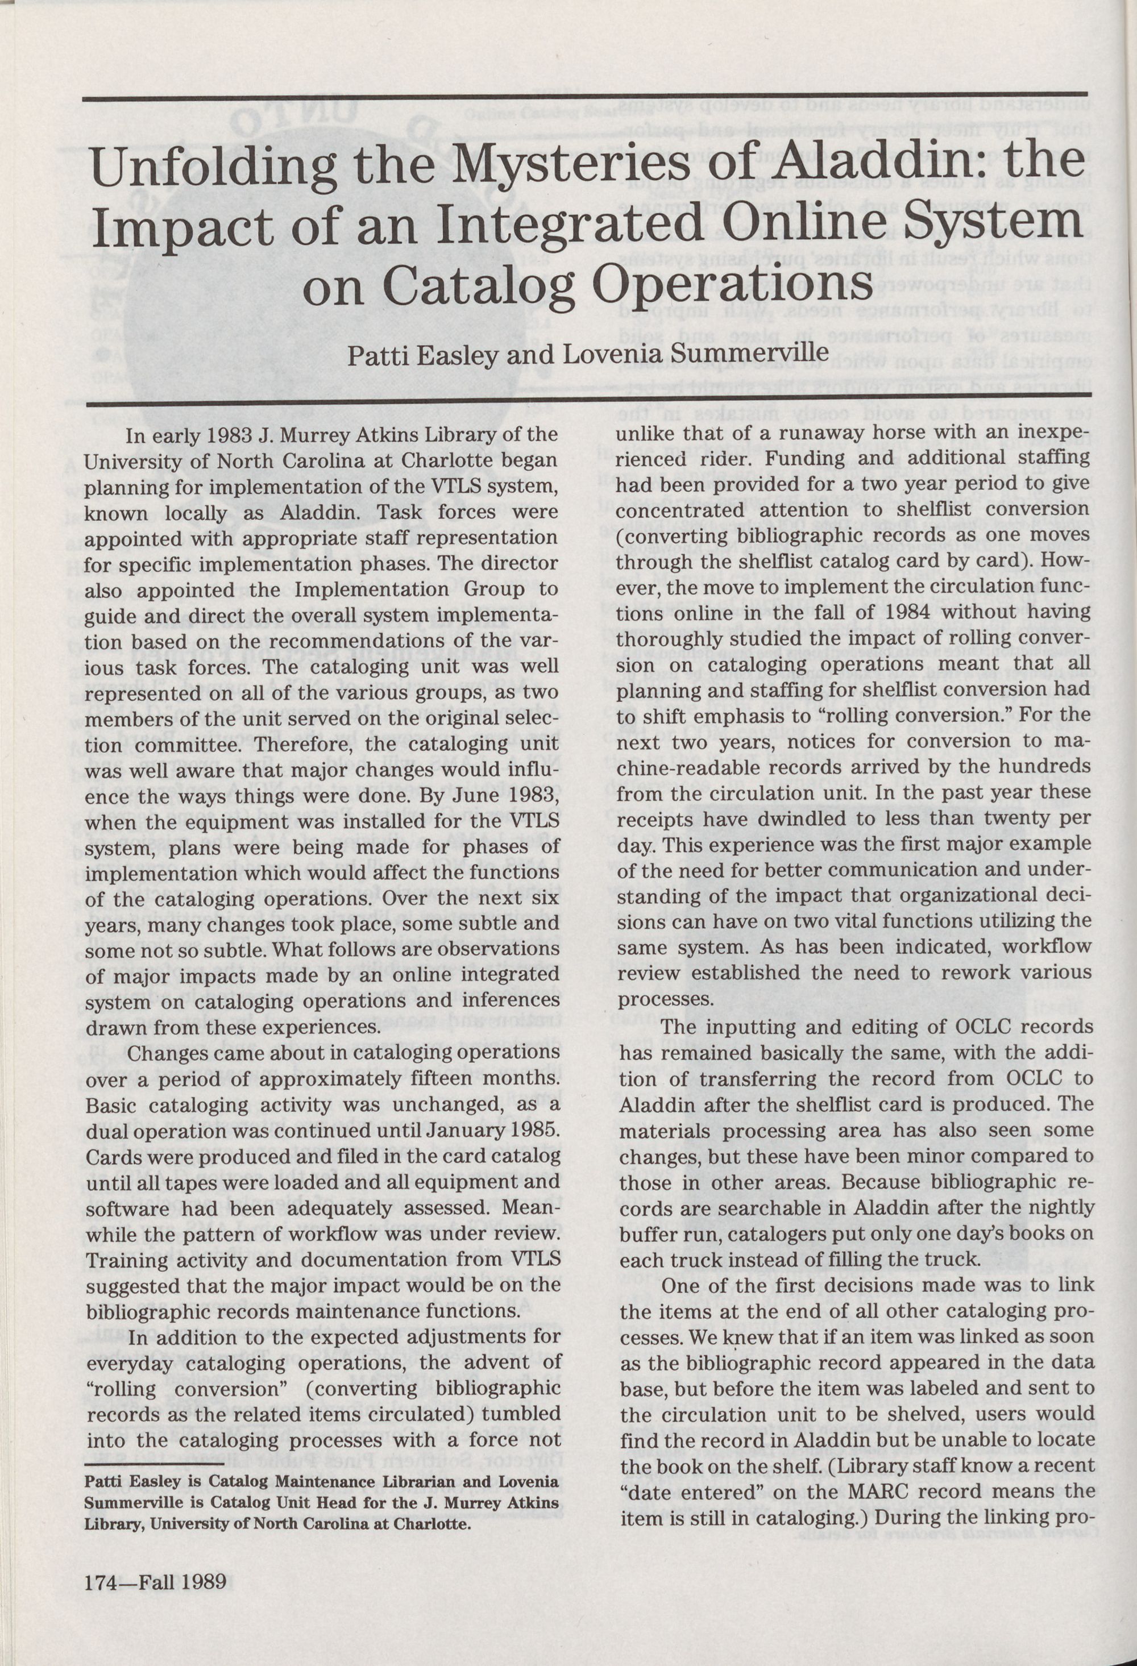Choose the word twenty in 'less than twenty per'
(1007, 819)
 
